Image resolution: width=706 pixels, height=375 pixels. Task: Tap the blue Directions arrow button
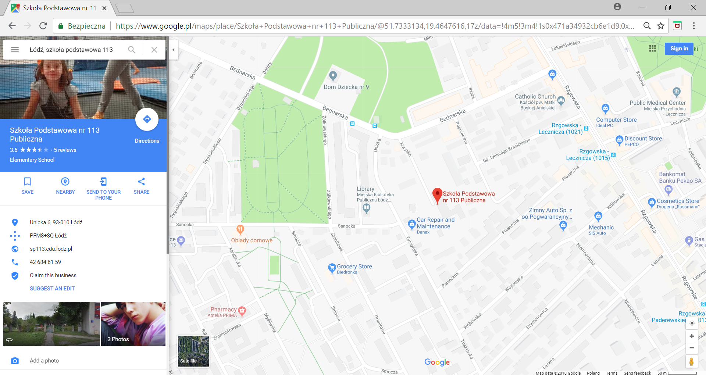pyautogui.click(x=147, y=119)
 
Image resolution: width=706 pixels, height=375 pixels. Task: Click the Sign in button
pyautogui.click(x=679, y=49)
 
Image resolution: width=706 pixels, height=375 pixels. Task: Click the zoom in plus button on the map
pyautogui.click(x=692, y=336)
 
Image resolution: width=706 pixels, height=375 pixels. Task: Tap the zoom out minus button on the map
pyautogui.click(x=692, y=348)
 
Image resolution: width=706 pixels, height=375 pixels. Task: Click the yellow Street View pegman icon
pyautogui.click(x=691, y=362)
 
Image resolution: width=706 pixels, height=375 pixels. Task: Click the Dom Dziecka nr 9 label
pyautogui.click(x=346, y=87)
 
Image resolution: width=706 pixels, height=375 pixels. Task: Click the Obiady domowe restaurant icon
pyautogui.click(x=240, y=229)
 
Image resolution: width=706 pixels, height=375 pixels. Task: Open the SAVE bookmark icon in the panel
pyautogui.click(x=27, y=182)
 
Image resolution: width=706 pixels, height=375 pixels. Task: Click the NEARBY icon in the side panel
pyautogui.click(x=65, y=182)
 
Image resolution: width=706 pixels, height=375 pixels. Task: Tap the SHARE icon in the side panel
pyautogui.click(x=141, y=182)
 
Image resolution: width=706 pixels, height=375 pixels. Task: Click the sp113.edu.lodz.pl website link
pyautogui.click(x=51, y=249)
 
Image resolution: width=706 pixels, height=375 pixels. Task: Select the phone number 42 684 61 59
pyautogui.click(x=45, y=262)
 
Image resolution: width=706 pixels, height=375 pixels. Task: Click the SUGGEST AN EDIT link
pyautogui.click(x=52, y=289)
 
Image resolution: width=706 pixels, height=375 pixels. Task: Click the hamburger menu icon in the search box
pyautogui.click(x=15, y=50)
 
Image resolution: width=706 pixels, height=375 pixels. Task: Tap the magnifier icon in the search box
pyautogui.click(x=132, y=50)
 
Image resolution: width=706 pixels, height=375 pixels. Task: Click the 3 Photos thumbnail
pyautogui.click(x=133, y=324)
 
